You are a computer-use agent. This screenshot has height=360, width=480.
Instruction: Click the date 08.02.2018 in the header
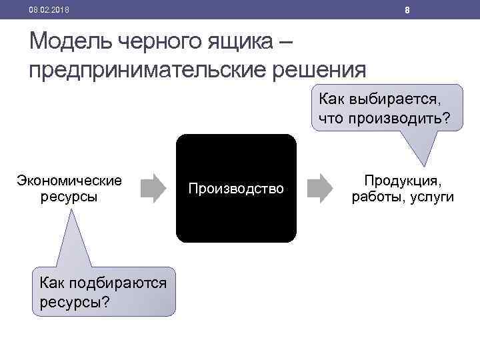(x=49, y=10)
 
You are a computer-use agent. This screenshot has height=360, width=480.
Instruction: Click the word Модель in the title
(x=71, y=43)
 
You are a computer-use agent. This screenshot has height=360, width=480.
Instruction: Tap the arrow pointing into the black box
(x=155, y=188)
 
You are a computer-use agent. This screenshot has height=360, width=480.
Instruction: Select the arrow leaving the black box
(x=321, y=188)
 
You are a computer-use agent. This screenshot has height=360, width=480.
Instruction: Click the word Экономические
(x=69, y=180)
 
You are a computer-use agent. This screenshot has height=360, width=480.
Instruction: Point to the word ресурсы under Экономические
(x=69, y=197)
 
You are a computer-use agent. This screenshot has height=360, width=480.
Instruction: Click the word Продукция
(x=403, y=180)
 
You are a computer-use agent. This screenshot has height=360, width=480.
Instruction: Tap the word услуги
(x=431, y=197)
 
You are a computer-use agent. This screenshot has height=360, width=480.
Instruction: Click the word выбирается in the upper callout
(x=396, y=99)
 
